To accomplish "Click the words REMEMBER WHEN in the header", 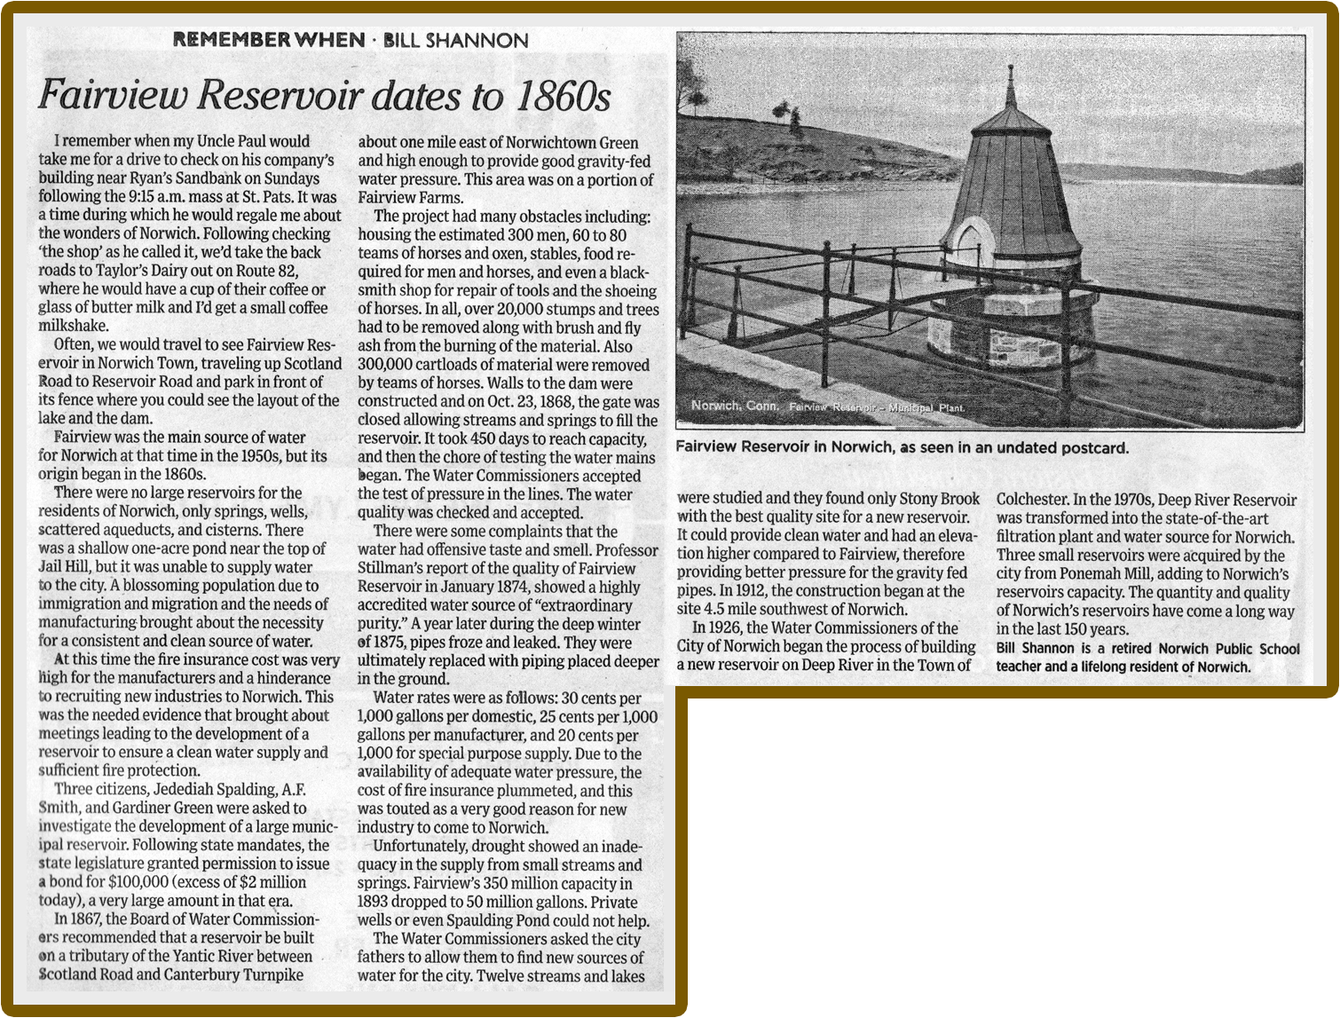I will (x=268, y=40).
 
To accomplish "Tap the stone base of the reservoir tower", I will (x=1003, y=342).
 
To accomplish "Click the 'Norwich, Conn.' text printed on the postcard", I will (x=735, y=406).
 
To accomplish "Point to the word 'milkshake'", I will (x=74, y=327).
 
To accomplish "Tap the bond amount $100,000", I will (x=138, y=882).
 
